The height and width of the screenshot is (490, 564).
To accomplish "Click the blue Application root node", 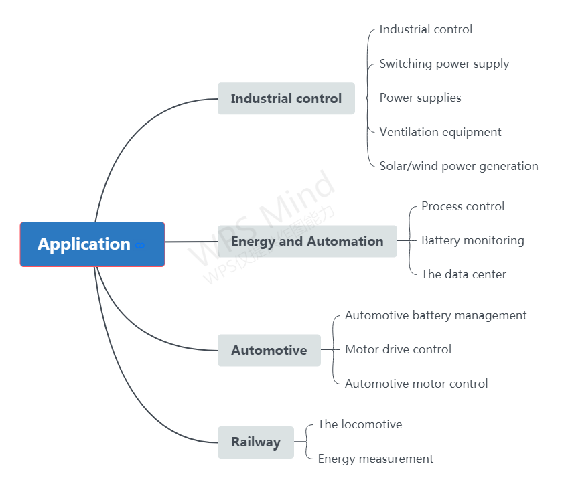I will [x=84, y=244].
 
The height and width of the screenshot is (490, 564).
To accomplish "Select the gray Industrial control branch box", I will [x=286, y=98].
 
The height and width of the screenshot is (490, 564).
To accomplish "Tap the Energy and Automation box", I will [x=307, y=241].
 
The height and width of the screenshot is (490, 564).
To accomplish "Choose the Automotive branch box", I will [x=269, y=350].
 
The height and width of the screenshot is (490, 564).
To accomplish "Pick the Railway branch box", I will [x=255, y=442].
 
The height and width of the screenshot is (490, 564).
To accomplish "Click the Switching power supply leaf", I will [x=444, y=64].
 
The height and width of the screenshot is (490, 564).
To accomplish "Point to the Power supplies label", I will [x=420, y=98].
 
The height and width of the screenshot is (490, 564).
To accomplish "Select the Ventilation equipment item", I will [x=440, y=132].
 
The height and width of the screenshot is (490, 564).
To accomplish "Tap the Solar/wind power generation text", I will [x=458, y=166].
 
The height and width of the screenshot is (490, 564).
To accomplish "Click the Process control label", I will [x=462, y=206].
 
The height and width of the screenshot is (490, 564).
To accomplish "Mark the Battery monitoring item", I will [x=472, y=240].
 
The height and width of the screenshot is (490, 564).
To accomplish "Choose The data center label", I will [x=464, y=274].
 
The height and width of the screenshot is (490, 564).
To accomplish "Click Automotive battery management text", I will [x=435, y=315].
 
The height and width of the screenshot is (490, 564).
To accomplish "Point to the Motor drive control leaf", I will [x=398, y=349].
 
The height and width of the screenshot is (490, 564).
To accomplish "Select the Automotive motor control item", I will [x=416, y=384].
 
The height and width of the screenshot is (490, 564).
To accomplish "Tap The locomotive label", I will [x=360, y=424].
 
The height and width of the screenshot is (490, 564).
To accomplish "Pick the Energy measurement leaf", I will [x=375, y=459].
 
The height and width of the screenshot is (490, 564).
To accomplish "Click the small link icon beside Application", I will [x=140, y=246].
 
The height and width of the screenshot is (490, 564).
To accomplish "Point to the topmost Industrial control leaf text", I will [x=425, y=29].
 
